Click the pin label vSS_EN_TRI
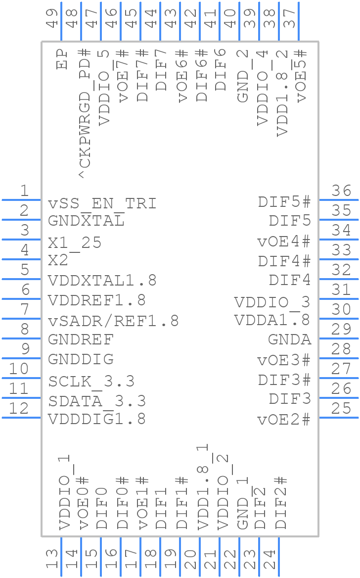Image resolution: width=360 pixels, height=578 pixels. tap(102, 203)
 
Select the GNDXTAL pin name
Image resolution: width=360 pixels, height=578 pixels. tap(86, 221)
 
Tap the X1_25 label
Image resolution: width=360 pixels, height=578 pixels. tap(75, 242)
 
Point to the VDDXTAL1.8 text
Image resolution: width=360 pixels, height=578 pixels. tap(102, 281)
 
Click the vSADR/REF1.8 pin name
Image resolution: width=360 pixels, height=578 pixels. tap(113, 321)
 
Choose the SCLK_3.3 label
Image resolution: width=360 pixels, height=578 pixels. tap(91, 382)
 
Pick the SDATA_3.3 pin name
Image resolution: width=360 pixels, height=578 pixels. tap(97, 401)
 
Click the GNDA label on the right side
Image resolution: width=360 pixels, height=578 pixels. tap(290, 339)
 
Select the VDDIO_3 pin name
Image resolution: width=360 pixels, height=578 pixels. tap(272, 302)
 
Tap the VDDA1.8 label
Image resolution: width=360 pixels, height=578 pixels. tap(272, 320)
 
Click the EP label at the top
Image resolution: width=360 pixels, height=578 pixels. tap(62, 59)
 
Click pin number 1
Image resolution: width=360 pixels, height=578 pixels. tap(24, 191)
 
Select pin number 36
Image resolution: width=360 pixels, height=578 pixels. tap(341, 191)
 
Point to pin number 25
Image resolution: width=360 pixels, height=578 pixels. tap(341, 408)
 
